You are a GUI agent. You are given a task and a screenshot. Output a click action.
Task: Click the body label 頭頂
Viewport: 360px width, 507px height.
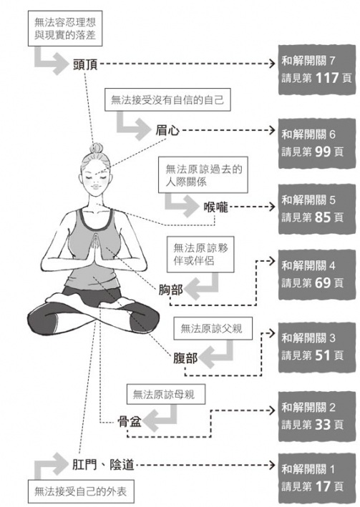coord(85,64)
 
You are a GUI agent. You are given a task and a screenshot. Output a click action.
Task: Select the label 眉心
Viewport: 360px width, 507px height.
coord(167,131)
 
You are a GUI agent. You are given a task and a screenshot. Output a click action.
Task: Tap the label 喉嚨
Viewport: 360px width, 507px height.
coord(216,207)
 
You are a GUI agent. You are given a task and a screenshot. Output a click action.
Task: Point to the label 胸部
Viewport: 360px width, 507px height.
coord(170,290)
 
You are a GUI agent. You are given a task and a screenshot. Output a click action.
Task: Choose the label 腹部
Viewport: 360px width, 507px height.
coord(185,358)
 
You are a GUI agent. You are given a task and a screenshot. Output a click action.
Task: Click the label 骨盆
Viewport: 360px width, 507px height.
coord(130,422)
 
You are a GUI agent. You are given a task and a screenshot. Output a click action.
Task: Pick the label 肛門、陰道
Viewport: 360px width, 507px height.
coord(103,465)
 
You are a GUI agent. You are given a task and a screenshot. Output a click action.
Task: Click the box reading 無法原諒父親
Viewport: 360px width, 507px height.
coord(213,329)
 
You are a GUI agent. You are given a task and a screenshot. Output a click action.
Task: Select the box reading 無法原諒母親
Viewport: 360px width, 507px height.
coord(166,394)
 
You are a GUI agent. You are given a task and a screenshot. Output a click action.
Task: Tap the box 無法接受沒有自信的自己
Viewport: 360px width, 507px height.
coord(167,99)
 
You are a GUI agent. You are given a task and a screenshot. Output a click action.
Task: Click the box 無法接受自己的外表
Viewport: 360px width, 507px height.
coord(81,491)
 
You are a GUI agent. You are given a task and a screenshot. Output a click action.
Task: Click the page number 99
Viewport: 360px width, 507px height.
coord(323,152)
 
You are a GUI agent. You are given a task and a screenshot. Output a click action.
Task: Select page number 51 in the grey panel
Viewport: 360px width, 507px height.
coord(323,355)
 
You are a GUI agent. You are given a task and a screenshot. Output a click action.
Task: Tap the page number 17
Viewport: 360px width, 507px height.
coord(323,486)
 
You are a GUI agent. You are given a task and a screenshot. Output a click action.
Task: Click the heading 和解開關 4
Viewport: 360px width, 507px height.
coord(308,266)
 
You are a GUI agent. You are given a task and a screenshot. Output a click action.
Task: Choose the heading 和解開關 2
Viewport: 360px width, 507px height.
coord(308,408)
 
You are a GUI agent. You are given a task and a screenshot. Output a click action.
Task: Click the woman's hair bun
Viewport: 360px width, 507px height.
coord(97,148)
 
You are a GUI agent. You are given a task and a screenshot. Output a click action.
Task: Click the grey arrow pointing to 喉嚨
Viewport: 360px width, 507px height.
coord(181,205)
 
